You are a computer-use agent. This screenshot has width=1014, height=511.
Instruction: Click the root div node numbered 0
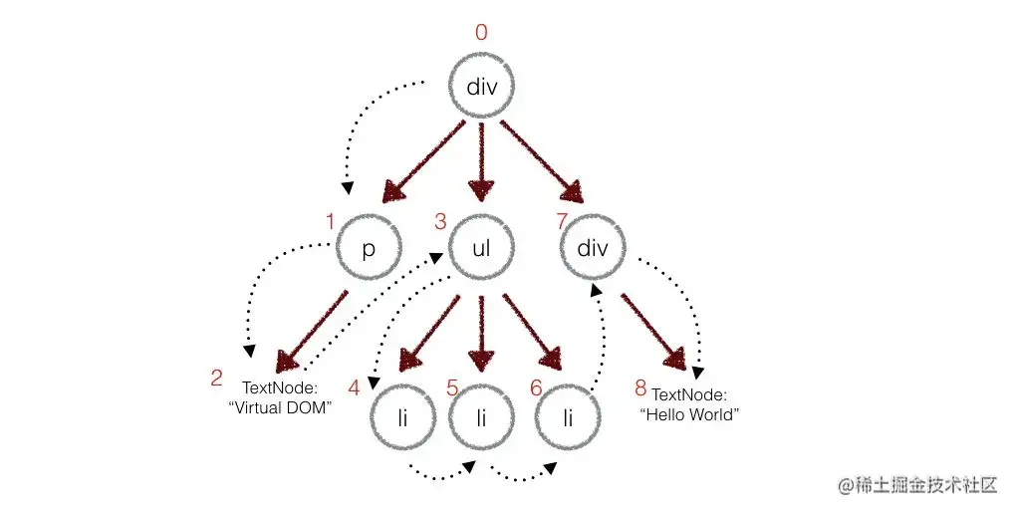click(482, 87)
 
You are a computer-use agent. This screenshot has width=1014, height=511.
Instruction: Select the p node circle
click(369, 248)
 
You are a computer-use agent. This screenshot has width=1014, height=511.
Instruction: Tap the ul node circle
click(483, 248)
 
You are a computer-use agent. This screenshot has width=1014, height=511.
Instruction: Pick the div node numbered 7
click(593, 248)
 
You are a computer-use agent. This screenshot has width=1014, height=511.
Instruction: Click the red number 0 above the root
click(482, 33)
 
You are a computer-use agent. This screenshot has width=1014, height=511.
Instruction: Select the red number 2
click(216, 378)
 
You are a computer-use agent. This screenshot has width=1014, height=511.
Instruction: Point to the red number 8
click(640, 385)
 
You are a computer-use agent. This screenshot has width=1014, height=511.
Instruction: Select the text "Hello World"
click(692, 414)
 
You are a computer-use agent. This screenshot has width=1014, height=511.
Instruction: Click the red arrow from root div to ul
click(483, 159)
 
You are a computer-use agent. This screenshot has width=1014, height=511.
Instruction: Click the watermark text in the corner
click(917, 485)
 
